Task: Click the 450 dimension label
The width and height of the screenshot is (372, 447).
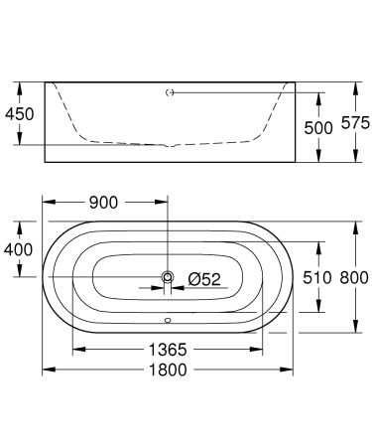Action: pyautogui.click(x=20, y=113)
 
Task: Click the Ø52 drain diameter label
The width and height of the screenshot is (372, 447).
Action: pyautogui.click(x=206, y=280)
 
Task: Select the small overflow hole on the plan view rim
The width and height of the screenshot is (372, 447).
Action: pyautogui.click(x=168, y=320)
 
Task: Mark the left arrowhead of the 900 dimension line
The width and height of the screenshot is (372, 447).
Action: pyautogui.click(x=46, y=203)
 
